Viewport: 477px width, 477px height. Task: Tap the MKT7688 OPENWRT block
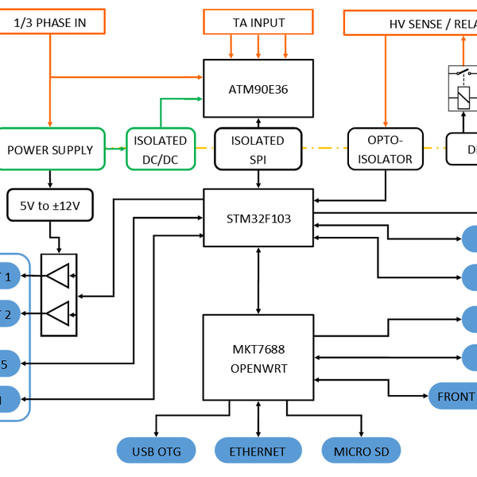coord(258,357)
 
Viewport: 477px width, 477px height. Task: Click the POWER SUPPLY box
coord(50,149)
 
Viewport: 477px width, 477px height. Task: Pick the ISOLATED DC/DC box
coord(161,149)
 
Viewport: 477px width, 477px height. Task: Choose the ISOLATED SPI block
coord(258,149)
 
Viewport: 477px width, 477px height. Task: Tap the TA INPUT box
coord(258,21)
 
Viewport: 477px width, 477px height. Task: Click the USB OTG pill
coord(157,452)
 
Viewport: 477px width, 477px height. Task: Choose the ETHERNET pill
coord(258,452)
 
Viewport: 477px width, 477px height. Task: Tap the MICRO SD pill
coord(362,452)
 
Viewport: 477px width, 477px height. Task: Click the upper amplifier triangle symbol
coord(59,277)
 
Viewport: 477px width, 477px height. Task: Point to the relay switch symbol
coord(463,87)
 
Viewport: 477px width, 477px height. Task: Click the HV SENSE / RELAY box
coord(410,21)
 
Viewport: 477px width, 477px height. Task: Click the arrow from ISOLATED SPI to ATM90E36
coord(258,122)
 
